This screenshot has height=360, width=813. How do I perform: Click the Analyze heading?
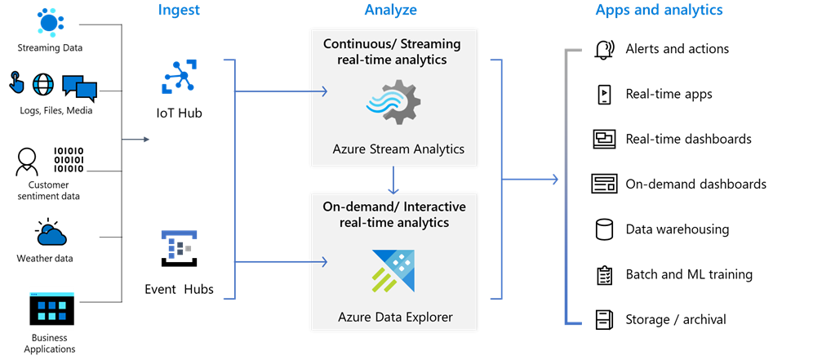(390, 11)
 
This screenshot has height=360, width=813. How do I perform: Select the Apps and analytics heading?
(659, 11)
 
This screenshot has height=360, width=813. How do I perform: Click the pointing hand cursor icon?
(17, 84)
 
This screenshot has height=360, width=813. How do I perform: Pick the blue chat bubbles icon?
(79, 87)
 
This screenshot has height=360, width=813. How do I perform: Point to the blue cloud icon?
(51, 236)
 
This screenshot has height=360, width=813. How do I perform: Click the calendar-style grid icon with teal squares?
(51, 309)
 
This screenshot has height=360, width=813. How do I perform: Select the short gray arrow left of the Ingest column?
(135, 140)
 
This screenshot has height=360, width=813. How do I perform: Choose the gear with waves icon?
(393, 102)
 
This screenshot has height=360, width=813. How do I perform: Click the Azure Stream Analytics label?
(398, 149)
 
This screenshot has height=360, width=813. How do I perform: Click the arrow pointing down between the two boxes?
(393, 180)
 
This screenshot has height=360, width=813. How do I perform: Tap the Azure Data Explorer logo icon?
(393, 270)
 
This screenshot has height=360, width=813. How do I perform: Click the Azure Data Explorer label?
(395, 316)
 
